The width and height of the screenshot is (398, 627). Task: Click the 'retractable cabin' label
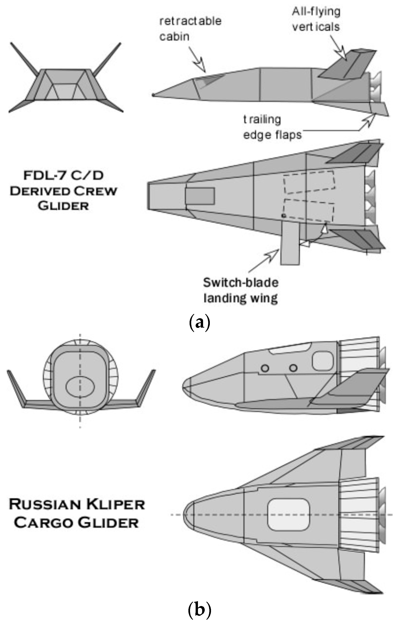[x=190, y=29]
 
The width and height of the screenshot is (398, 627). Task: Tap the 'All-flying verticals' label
[x=316, y=19]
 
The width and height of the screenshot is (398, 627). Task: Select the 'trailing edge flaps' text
[x=272, y=127]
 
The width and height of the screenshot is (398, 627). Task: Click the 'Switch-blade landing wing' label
[x=241, y=290]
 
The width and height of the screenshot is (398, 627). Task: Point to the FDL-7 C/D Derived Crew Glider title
[x=63, y=191]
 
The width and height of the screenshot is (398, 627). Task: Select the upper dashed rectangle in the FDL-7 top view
[x=309, y=182]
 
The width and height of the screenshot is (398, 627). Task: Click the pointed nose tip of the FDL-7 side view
[x=154, y=95]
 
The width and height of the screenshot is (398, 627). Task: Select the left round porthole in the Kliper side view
[x=265, y=368]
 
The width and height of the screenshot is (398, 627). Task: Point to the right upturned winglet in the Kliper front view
[x=146, y=388]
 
